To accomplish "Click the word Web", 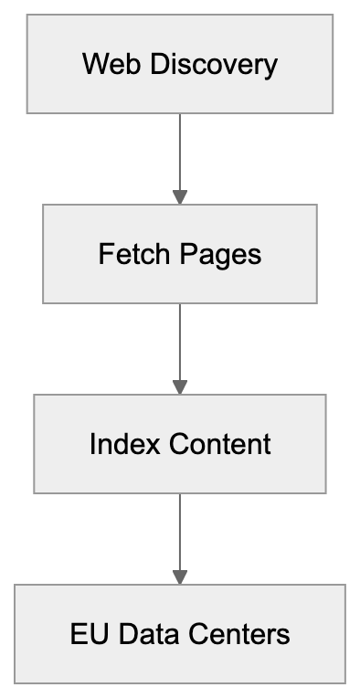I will [101, 65].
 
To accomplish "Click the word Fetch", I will [124, 254].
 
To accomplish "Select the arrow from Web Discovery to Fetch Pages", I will [180, 151].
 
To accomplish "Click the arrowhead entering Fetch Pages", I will [180, 196].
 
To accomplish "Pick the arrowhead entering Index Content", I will [180, 386].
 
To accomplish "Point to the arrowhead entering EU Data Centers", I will [180, 576].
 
